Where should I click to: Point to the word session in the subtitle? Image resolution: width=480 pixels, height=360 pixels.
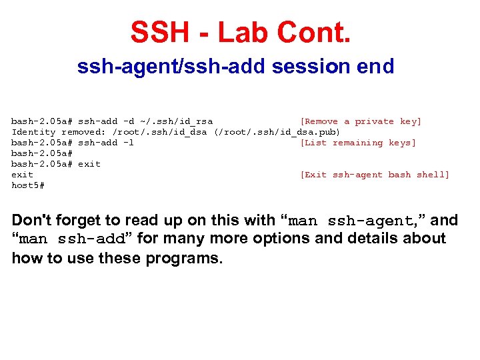coord(306,67)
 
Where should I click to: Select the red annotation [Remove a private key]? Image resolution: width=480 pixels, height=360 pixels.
coord(361,121)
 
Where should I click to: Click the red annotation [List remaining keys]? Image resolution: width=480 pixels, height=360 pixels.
coord(358,143)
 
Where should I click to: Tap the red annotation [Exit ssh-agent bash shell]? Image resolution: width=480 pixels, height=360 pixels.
coord(375,175)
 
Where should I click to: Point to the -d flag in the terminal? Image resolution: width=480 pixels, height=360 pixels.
coord(128,121)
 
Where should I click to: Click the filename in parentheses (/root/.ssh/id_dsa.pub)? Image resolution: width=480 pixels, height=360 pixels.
coord(277,132)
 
